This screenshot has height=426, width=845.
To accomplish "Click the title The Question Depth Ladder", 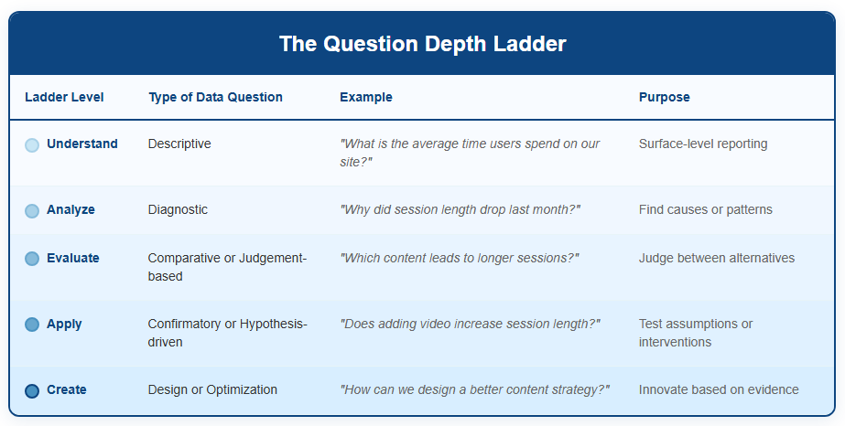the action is point(423,44).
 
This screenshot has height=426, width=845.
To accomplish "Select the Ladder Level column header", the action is point(64,97).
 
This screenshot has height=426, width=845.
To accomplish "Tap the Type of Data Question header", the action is point(215,97).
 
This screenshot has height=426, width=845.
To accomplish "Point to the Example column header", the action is point(366,97).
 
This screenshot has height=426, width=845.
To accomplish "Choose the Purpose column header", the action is point(665,97).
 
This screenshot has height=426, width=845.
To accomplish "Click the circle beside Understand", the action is point(32,144).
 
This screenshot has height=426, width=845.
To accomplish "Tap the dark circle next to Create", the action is point(32,390).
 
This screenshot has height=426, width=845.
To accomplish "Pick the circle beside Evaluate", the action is point(32,259).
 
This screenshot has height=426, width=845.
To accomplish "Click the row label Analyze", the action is point(70,209).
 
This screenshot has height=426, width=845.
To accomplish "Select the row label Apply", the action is point(64,325).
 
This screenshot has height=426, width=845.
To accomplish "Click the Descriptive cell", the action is point(179,144).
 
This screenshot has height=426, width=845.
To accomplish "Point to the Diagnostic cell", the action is point(178,209).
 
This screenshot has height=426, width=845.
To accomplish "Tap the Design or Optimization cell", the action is point(213,390).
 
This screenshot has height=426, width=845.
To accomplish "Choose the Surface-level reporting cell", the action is point(703,144).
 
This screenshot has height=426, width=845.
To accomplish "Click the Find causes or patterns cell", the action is point(706,209).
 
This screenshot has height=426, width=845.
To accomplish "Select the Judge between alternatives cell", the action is point(717,258).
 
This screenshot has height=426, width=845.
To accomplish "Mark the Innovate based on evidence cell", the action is point(719,390).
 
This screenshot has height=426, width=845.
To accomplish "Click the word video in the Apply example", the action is point(433,325).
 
